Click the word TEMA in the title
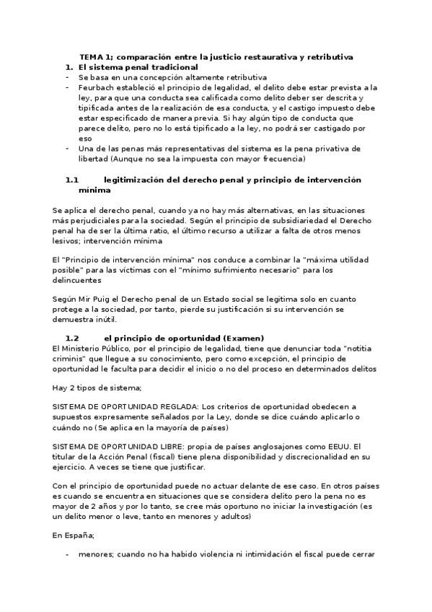[92, 56]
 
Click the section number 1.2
[71, 338]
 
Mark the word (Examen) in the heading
[244, 338]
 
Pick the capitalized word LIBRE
[168, 447]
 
